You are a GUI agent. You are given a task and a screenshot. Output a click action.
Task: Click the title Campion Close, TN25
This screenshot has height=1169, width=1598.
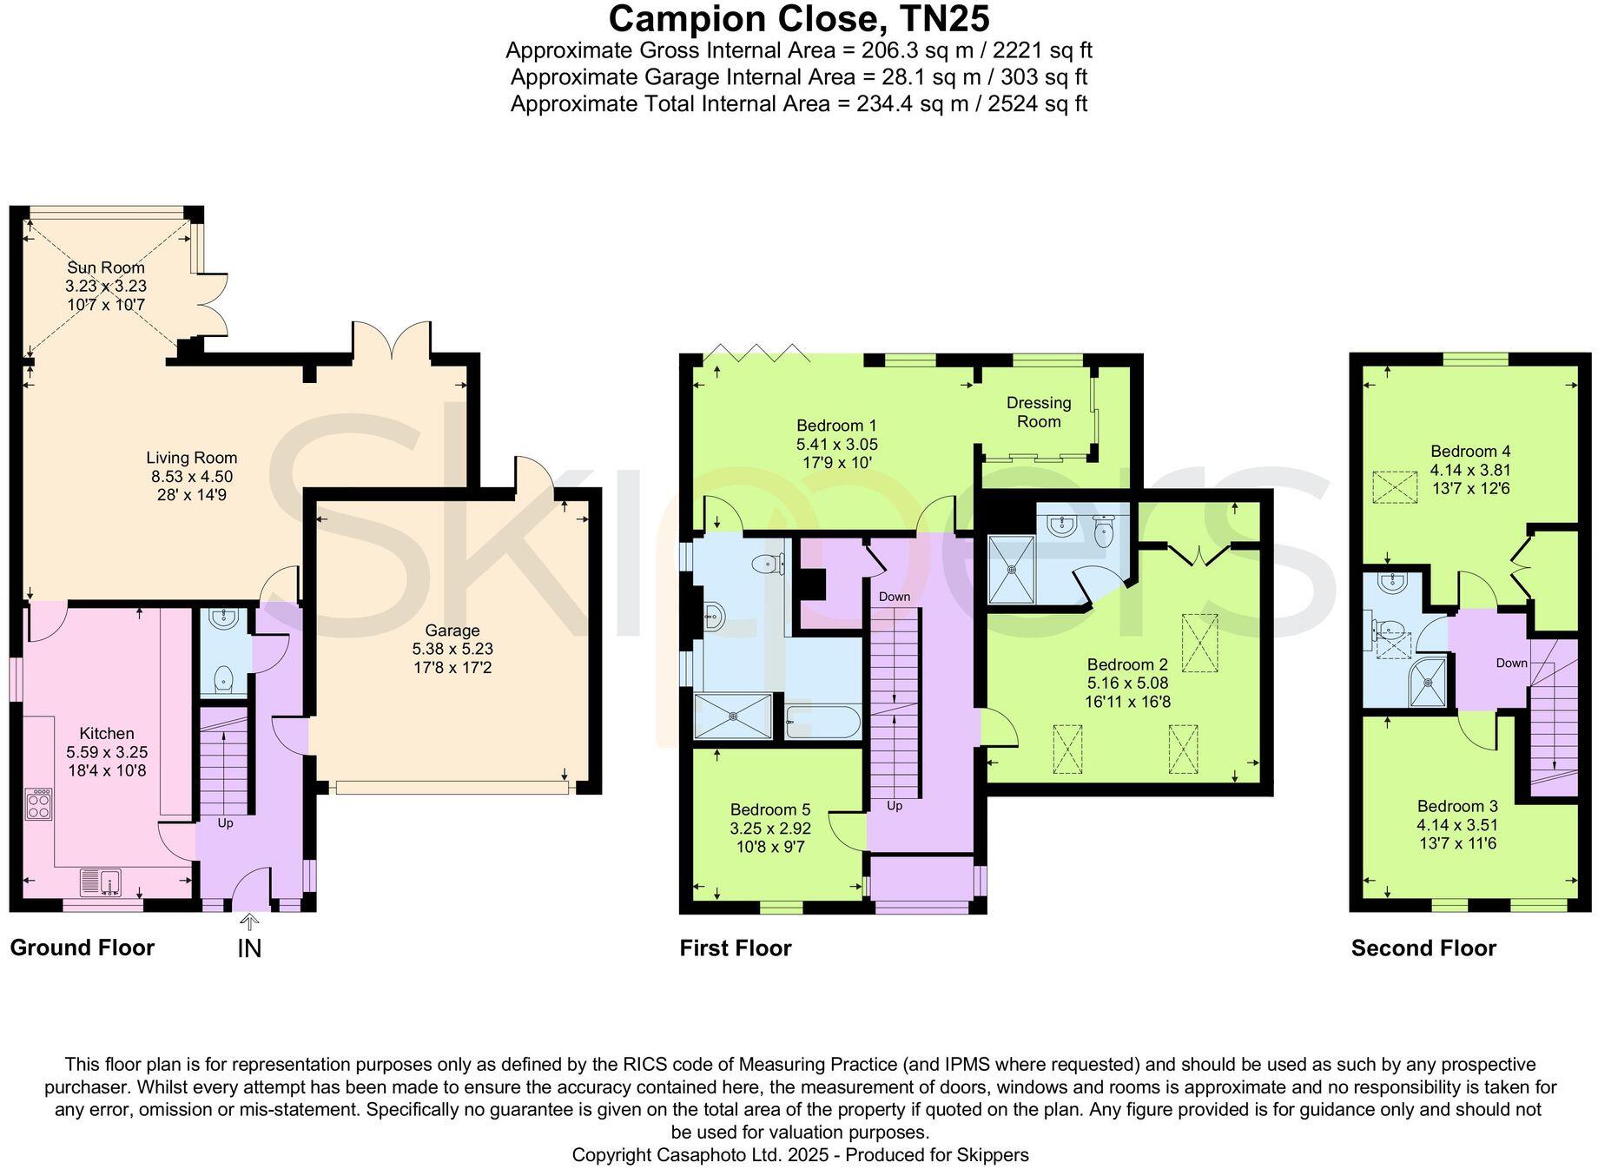click(798, 19)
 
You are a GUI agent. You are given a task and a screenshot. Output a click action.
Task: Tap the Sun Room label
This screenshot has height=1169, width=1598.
click(105, 267)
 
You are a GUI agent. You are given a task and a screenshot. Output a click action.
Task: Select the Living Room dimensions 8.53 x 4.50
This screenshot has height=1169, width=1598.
click(191, 476)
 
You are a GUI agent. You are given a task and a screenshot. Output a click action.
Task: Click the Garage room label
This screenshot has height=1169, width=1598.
click(452, 631)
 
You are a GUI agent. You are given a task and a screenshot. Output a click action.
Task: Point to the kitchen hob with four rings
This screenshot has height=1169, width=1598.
click(39, 803)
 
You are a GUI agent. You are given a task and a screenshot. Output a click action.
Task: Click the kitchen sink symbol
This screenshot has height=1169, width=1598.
click(102, 882)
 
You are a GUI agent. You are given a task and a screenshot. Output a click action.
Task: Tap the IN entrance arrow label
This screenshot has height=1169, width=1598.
click(249, 948)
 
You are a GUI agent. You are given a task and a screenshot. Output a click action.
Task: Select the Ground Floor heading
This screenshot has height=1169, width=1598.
click(82, 948)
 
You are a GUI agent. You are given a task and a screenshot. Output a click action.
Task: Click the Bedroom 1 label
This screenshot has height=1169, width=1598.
click(836, 426)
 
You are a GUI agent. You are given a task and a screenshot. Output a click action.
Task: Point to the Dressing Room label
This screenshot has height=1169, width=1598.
click(1038, 412)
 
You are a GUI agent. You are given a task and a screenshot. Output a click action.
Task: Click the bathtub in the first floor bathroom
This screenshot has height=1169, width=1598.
click(822, 722)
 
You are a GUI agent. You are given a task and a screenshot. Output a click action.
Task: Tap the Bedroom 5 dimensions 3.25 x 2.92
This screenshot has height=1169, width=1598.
click(770, 829)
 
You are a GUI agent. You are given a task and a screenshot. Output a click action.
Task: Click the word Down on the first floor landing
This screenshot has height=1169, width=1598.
click(894, 597)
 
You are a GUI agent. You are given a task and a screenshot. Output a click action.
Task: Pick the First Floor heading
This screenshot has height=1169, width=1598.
click(735, 948)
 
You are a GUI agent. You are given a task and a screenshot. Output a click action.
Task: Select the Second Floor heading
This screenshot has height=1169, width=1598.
click(1423, 948)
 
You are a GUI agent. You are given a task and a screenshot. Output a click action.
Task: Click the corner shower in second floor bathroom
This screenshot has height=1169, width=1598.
click(1428, 684)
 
